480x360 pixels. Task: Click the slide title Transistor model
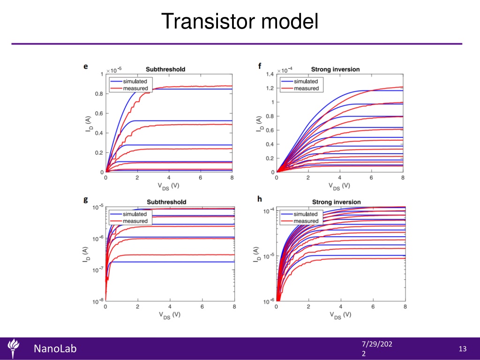click(x=240, y=22)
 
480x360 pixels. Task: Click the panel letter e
click(x=86, y=67)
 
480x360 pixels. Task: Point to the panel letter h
click(x=260, y=199)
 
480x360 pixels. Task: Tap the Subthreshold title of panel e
click(x=165, y=69)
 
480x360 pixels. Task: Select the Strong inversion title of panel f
click(x=335, y=69)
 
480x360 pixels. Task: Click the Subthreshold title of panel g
click(x=166, y=202)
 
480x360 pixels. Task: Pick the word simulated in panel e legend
click(x=135, y=82)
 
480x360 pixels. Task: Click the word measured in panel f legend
click(x=307, y=89)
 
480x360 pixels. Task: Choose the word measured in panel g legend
click(x=135, y=221)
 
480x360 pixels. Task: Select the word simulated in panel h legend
click(x=306, y=214)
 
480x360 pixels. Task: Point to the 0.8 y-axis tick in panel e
click(x=99, y=94)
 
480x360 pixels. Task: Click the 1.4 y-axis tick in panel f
click(x=270, y=74)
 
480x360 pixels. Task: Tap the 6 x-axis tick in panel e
click(x=200, y=178)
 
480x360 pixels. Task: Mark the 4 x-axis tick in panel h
click(x=340, y=307)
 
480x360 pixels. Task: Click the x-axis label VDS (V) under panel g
click(x=169, y=315)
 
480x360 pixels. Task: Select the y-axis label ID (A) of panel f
click(x=259, y=124)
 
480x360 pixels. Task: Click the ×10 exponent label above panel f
click(x=285, y=70)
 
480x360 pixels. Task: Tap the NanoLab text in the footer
click(x=55, y=349)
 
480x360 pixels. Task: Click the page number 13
click(x=463, y=349)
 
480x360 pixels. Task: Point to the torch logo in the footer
click(x=13, y=348)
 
